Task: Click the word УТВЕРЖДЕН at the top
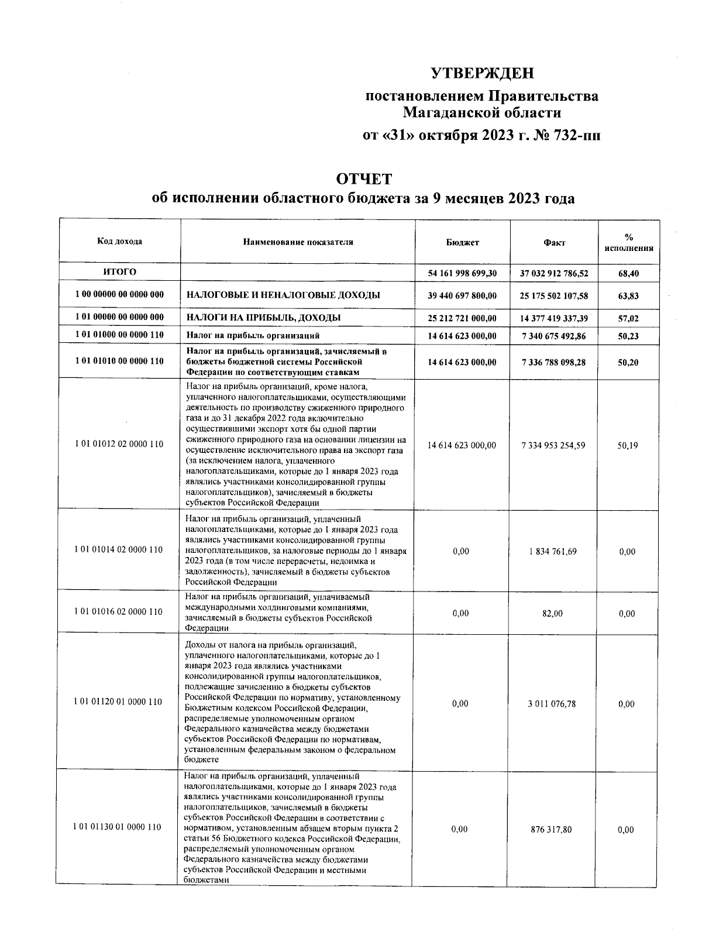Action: coord(483,73)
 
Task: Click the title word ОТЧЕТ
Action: coord(363,178)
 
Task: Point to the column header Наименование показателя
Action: coord(298,242)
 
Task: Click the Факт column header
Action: coord(553,243)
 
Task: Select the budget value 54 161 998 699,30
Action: coord(462,273)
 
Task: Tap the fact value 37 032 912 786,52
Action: coord(553,273)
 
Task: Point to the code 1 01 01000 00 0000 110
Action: coord(119,335)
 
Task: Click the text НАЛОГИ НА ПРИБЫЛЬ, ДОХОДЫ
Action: coord(263,318)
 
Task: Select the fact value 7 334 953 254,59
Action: coord(553,445)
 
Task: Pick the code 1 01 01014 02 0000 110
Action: coord(119,550)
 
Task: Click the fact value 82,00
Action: coord(553,613)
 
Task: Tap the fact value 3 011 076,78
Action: coord(553,704)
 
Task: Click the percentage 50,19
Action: coord(628,445)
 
